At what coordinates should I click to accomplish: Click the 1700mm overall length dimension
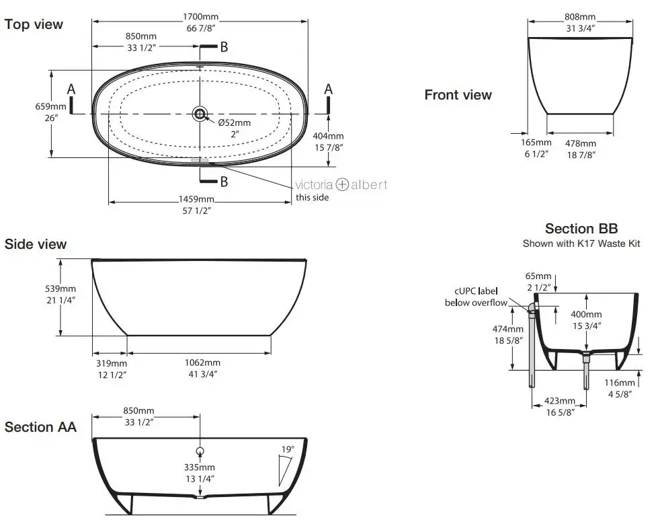[x=200, y=17]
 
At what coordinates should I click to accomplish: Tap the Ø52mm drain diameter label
[x=235, y=122]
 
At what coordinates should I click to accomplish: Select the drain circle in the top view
[x=200, y=113]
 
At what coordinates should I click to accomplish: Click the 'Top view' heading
[x=34, y=24]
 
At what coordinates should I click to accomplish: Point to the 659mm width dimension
[x=50, y=106]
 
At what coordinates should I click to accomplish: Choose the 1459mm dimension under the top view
[x=196, y=199]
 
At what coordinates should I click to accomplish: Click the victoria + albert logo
[x=341, y=184]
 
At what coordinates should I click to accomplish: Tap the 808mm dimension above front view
[x=580, y=17]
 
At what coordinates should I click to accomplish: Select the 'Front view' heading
[x=458, y=95]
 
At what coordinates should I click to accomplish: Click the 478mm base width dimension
[x=581, y=143]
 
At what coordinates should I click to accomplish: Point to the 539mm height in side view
[x=60, y=289]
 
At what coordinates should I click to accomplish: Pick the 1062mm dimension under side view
[x=202, y=363]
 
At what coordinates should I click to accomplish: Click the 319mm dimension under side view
[x=112, y=363]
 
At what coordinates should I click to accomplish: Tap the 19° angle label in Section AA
[x=288, y=449]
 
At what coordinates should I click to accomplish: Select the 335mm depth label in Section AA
[x=200, y=467]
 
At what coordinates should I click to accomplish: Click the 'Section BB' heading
[x=581, y=229]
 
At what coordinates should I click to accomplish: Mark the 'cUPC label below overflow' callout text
[x=476, y=297]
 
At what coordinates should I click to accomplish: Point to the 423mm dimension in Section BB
[x=560, y=401]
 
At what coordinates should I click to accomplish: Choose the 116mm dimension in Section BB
[x=620, y=383]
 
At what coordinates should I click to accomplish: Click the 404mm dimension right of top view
[x=328, y=136]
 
